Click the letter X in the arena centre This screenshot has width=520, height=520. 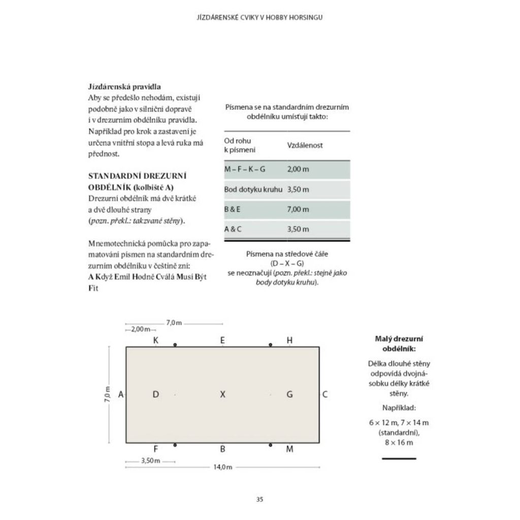(x=222, y=394)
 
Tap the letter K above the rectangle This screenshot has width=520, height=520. (x=156, y=340)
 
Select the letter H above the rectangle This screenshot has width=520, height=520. (x=289, y=340)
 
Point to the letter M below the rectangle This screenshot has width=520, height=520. (x=289, y=448)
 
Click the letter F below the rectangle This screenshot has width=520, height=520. (x=155, y=448)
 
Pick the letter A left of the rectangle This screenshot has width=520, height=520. (x=120, y=394)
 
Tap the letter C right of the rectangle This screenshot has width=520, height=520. (x=325, y=394)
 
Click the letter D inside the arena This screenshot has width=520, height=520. (x=156, y=394)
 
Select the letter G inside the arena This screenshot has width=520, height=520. (x=289, y=394)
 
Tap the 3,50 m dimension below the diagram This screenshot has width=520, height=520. (x=150, y=461)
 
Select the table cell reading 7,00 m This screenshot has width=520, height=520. (x=298, y=209)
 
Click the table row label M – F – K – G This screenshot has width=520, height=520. (x=245, y=169)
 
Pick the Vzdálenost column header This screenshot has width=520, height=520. (x=305, y=145)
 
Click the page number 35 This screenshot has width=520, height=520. (x=259, y=499)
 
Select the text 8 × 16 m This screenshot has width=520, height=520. (x=399, y=443)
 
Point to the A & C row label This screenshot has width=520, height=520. (x=233, y=229)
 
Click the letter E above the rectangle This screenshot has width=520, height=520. (x=222, y=340)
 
